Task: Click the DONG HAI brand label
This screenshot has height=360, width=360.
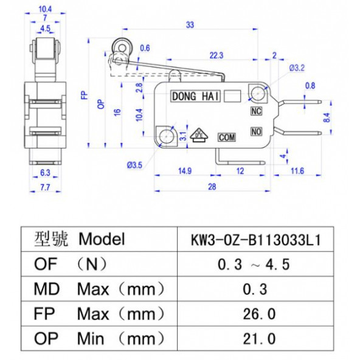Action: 195,96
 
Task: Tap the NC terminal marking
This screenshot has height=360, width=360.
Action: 256,111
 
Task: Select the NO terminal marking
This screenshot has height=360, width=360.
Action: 256,131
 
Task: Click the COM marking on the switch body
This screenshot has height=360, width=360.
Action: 227,137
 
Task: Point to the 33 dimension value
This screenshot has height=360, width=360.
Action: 190,24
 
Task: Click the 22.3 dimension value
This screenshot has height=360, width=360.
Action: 216,55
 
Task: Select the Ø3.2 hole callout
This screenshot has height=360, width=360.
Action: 297,67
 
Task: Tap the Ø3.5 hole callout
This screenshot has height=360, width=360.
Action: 134,165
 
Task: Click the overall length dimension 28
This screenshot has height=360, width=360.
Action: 212,187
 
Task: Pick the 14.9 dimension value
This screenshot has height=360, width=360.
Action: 185,171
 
